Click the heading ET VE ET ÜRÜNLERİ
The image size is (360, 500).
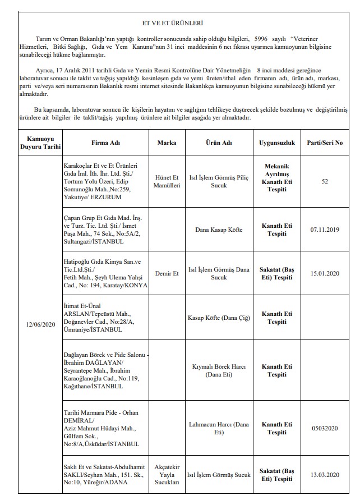pos(180,24)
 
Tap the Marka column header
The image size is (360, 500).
pos(167,143)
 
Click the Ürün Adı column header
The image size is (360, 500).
pos(219,143)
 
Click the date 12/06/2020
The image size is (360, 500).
pos(40,325)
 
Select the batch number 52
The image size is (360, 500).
pos(325,181)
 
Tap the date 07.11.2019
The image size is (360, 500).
pos(325,230)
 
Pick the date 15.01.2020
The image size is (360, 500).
pos(325,273)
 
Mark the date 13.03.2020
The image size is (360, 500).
pos(325,475)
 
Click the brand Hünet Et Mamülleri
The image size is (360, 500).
pos(167,181)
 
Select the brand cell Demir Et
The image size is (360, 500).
pos(167,273)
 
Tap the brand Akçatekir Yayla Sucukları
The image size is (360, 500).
pos(167,475)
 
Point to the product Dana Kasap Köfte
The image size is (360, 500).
pos(219,230)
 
